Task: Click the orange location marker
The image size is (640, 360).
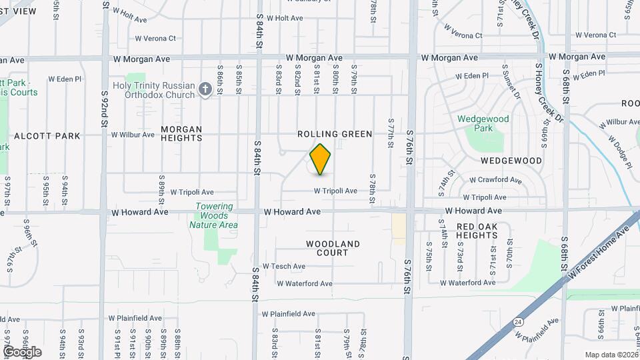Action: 321,159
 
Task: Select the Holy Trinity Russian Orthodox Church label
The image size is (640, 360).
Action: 153,89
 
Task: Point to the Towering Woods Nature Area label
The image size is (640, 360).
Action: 213,216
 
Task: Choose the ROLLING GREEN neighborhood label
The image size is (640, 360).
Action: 335,134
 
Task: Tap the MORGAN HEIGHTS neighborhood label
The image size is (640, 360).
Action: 181,134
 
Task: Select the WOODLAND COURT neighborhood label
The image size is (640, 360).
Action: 333,248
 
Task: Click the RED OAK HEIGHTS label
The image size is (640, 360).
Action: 487,231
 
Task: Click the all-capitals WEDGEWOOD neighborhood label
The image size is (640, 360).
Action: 511,161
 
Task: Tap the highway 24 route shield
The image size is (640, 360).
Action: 518,322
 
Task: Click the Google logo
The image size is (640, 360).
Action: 23,351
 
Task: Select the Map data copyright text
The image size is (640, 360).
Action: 611,354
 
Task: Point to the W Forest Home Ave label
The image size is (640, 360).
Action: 598,254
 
